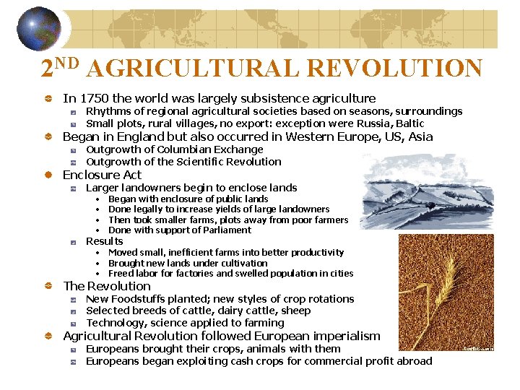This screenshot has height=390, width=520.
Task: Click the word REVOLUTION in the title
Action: [x=394, y=68]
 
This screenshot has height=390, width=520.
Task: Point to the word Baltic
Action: [x=408, y=123]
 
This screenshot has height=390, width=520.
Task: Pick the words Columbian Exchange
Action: [x=210, y=149]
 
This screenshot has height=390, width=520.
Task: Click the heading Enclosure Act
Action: [x=102, y=175]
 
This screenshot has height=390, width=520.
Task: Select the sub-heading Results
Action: [x=105, y=241]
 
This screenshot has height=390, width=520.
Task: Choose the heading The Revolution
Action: [x=107, y=286]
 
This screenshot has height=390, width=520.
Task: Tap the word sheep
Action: [x=295, y=311]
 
